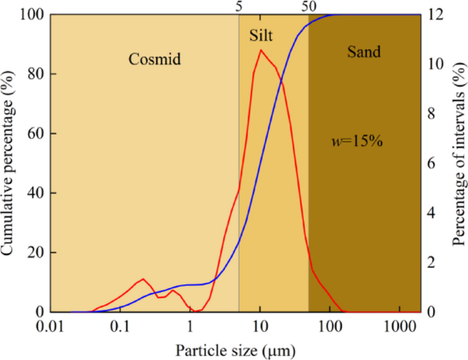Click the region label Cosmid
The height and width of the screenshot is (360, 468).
[x=154, y=59]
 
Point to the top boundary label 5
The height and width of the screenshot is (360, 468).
[x=238, y=6]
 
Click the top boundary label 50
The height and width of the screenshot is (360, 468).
[x=309, y=6]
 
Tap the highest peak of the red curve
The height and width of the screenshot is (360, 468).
[x=260, y=50]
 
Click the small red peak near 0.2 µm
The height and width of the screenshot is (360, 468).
[x=143, y=279]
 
